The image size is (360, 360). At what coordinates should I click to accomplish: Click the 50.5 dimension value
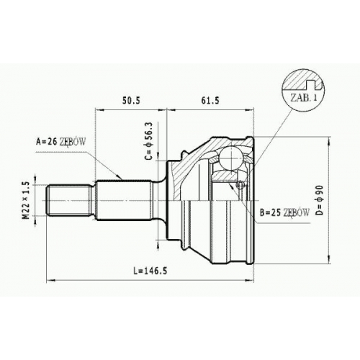tap(131, 101)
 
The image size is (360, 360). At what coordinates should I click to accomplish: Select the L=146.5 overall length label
tap(150, 271)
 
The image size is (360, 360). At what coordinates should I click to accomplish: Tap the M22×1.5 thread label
tap(26, 200)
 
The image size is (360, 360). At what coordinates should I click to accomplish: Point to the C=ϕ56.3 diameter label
tap(148, 141)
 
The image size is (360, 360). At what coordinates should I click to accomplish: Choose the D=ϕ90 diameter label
tap(320, 200)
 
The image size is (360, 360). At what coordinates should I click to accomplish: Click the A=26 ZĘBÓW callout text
tap(60, 142)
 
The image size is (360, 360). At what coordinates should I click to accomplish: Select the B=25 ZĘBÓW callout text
tap(284, 212)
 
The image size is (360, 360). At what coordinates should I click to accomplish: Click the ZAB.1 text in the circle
tap(304, 98)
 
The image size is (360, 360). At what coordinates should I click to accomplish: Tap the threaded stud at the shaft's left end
tap(69, 200)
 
